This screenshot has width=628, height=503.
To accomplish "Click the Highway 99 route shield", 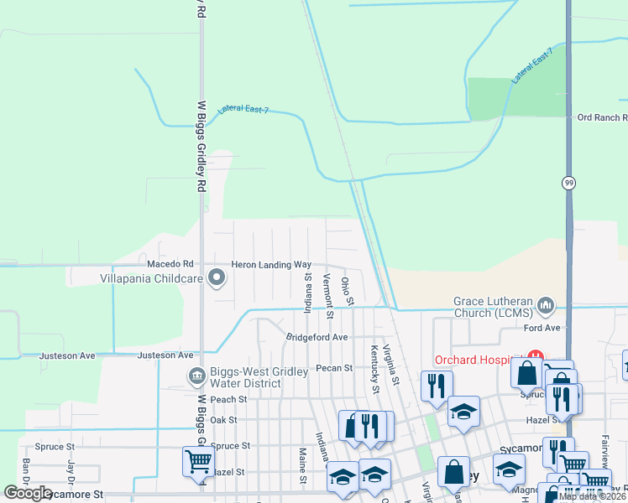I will [568, 184].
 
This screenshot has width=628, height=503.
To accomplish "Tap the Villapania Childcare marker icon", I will [217, 277].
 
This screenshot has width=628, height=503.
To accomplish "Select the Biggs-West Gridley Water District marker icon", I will [197, 376].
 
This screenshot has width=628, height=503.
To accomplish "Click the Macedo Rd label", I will [170, 264].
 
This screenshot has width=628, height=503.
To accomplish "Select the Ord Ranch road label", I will [602, 118].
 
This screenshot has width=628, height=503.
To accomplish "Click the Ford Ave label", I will [542, 328].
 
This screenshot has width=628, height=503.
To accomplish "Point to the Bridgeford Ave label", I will [317, 337].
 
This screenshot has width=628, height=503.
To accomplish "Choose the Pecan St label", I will [334, 367].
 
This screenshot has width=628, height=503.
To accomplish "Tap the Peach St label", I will [229, 399].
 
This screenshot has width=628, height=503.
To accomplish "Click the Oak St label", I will [224, 419].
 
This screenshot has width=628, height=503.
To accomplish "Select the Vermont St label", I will [328, 297].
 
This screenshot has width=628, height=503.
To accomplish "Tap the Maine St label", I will [302, 464].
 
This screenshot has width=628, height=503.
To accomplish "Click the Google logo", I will [28, 493].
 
